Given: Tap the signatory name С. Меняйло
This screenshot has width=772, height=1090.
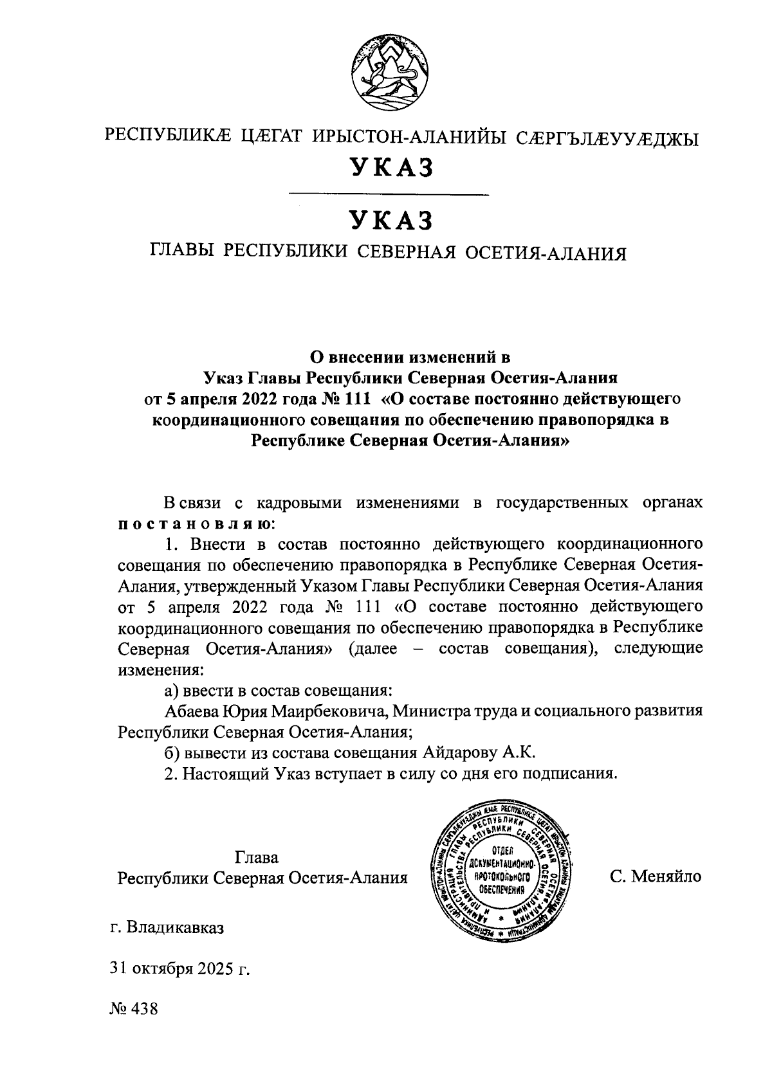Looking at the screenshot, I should click(656, 876).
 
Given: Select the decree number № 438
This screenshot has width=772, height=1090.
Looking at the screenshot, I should click(134, 1008).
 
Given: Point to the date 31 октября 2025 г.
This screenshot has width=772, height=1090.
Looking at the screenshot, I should click(179, 968).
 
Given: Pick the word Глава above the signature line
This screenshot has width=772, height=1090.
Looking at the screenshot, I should click(257, 857).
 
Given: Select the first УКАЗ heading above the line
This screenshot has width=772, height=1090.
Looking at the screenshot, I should click(389, 167).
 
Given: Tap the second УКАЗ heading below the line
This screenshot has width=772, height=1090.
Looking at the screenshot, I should click(389, 221).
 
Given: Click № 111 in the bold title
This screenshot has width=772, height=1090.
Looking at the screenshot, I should click(345, 399).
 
